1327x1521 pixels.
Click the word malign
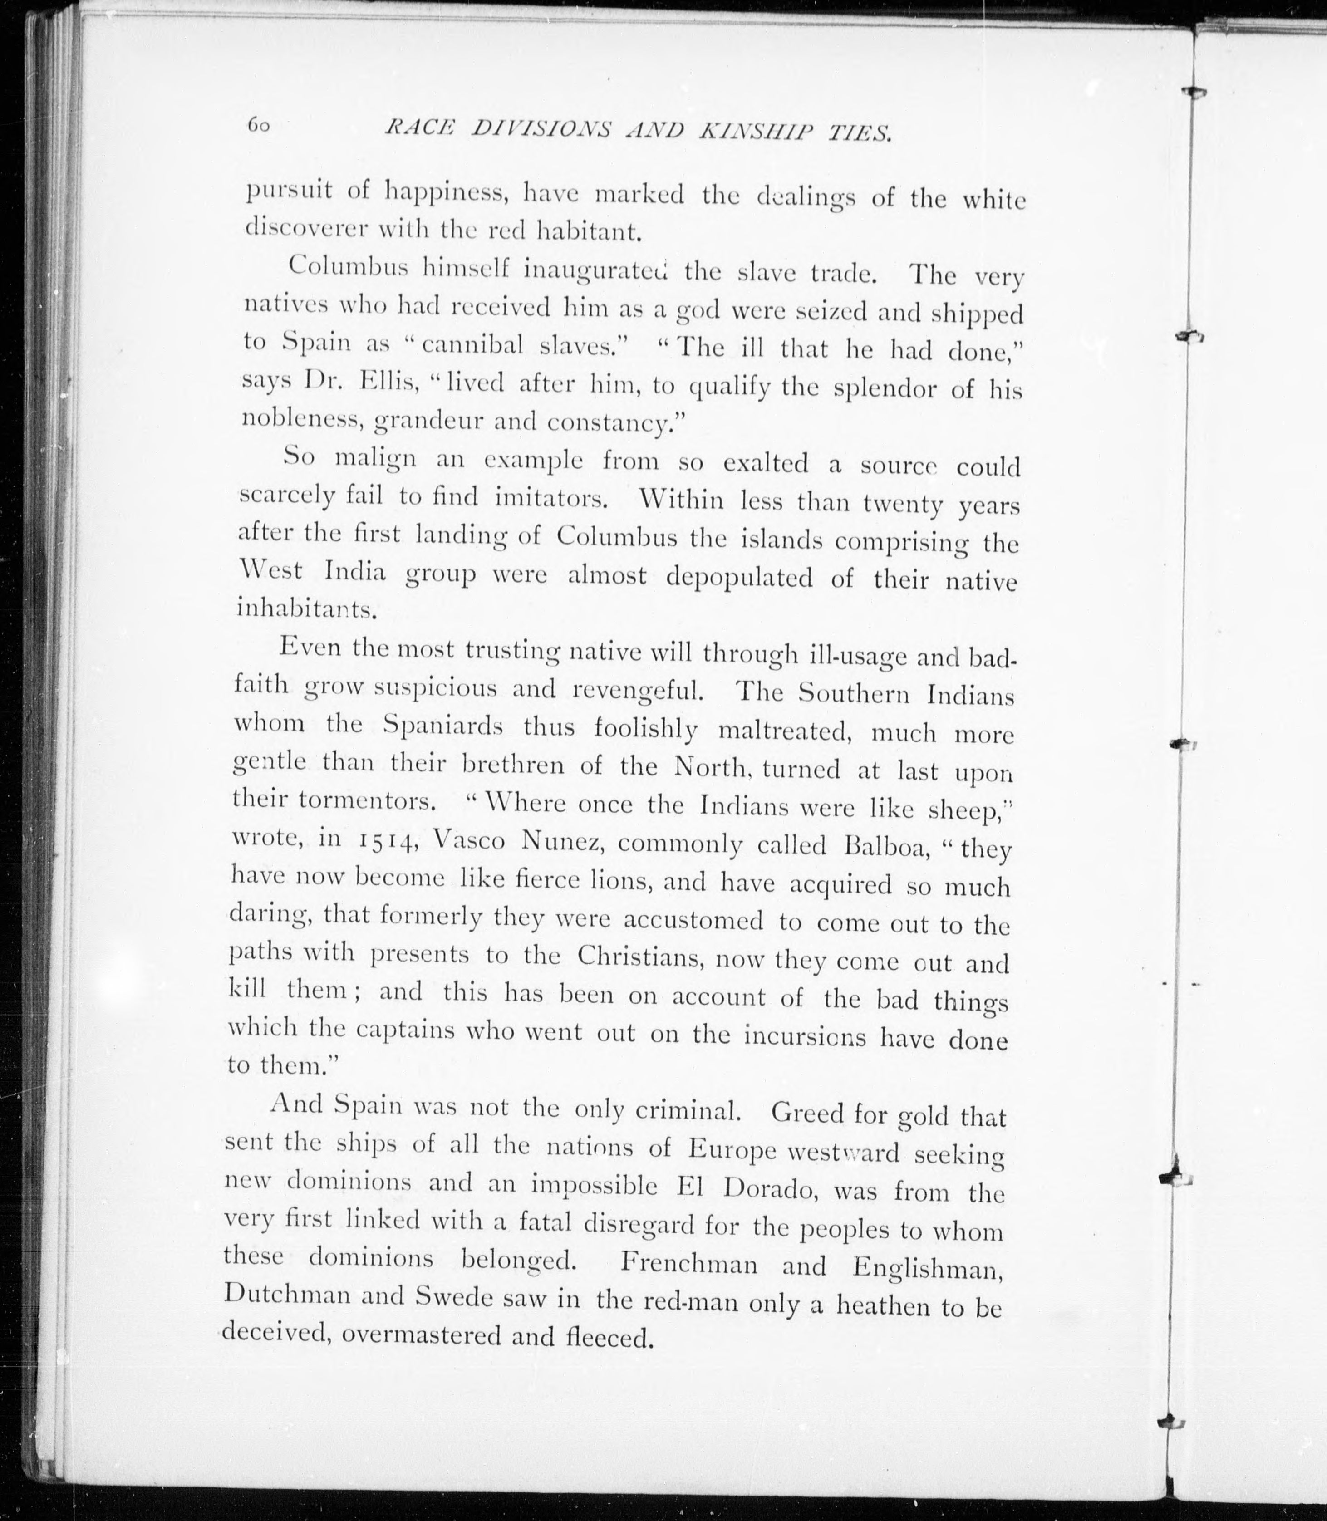tap(375, 459)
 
